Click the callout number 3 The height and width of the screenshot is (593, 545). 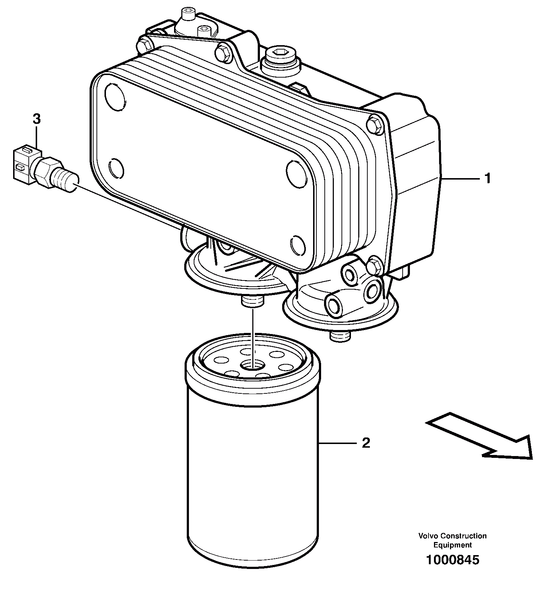36,119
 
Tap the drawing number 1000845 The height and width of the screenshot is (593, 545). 453,559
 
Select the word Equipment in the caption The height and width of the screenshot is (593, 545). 452,545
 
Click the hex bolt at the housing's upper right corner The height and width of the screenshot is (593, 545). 375,123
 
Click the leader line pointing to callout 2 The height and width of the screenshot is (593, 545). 337,443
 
